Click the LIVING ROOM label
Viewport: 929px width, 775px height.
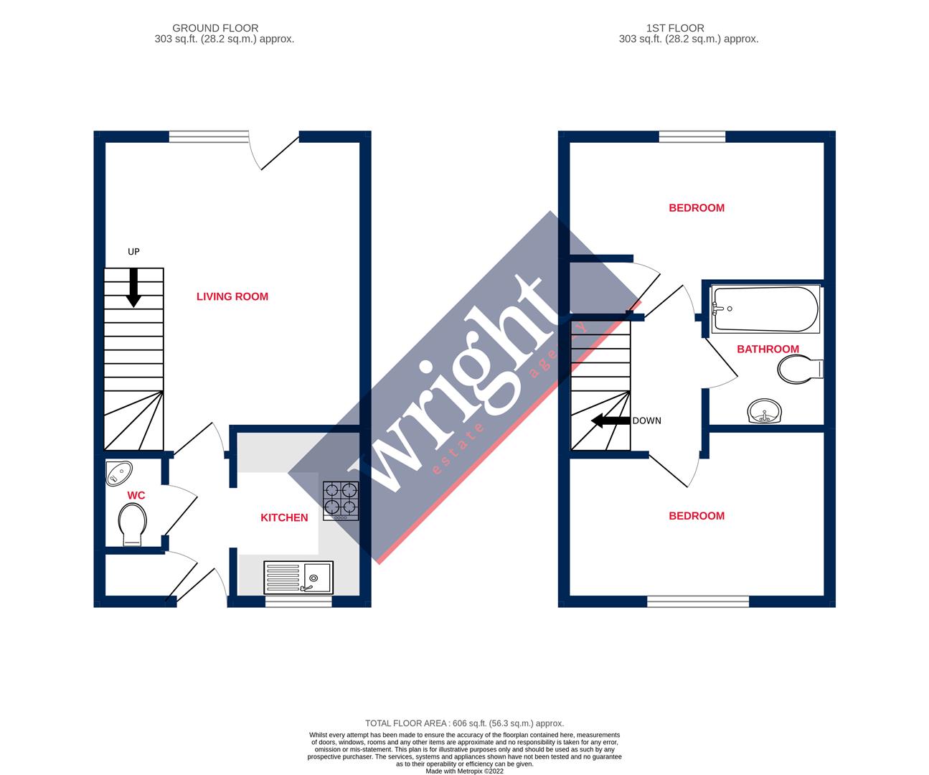232,296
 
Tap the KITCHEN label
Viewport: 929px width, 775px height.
284,517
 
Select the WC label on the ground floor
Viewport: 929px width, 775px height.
136,496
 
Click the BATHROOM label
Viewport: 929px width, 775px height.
768,349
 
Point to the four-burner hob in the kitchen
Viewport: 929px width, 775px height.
341,500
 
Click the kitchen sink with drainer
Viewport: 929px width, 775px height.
298,576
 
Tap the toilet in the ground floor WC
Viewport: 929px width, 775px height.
132,525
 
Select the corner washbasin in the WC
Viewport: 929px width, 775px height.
118,473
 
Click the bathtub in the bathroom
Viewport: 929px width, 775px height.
765,309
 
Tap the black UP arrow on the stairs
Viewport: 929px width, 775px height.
133,288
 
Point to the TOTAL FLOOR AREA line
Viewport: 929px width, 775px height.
464,723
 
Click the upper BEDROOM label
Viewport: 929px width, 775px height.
697,208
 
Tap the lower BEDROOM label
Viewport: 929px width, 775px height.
697,516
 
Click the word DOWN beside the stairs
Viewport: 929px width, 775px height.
646,421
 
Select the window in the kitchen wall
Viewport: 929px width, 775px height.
298,602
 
